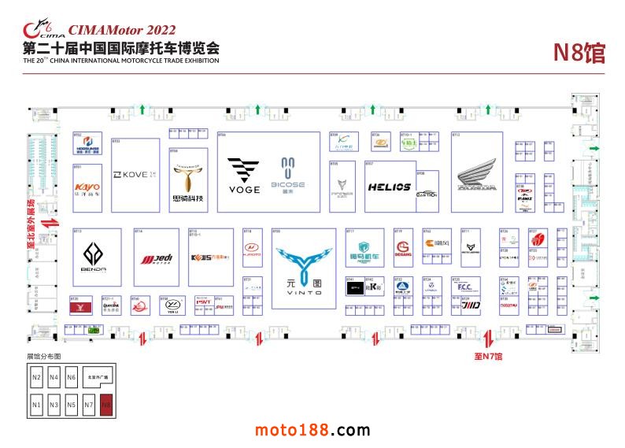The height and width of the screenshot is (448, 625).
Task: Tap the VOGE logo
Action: pos(243,174)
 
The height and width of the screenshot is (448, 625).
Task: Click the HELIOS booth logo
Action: pos(390,187)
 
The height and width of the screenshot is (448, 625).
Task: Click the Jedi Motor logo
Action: pos(156,258)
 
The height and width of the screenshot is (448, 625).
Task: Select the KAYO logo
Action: pos(87,187)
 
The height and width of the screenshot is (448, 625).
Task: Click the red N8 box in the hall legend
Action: pos(107,405)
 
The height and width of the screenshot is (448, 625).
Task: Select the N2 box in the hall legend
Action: pos(36,377)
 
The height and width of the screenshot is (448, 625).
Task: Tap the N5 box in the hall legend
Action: pos(72,405)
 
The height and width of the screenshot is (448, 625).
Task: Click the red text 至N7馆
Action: pos(487,357)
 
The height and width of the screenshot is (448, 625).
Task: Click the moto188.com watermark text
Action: pos(312,430)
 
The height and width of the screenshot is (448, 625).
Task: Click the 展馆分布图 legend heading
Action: pos(43,357)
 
